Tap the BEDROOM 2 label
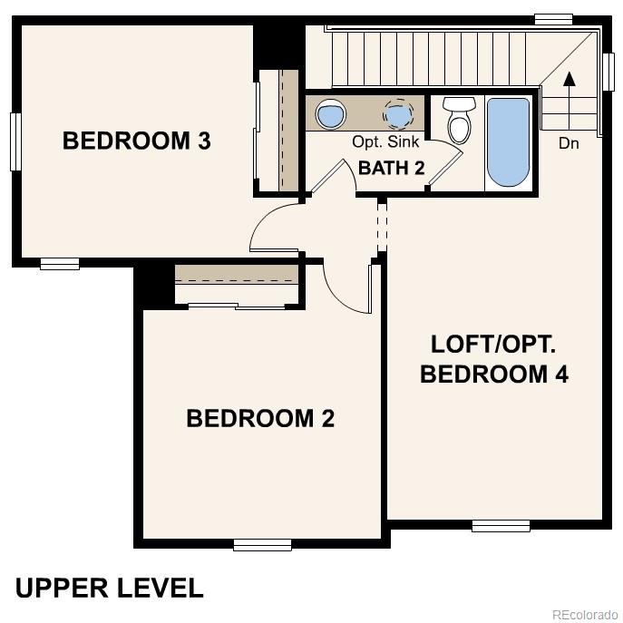[260, 418]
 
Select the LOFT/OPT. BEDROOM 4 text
[494, 359]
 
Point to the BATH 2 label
[392, 168]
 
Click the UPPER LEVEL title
[110, 588]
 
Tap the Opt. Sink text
[385, 142]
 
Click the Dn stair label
[569, 143]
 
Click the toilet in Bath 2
[460, 120]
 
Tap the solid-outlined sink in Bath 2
[331, 114]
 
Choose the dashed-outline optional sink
[397, 114]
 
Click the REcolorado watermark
[583, 614]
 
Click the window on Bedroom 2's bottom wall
[262, 544]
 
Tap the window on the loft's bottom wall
[501, 525]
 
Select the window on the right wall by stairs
[608, 72]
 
